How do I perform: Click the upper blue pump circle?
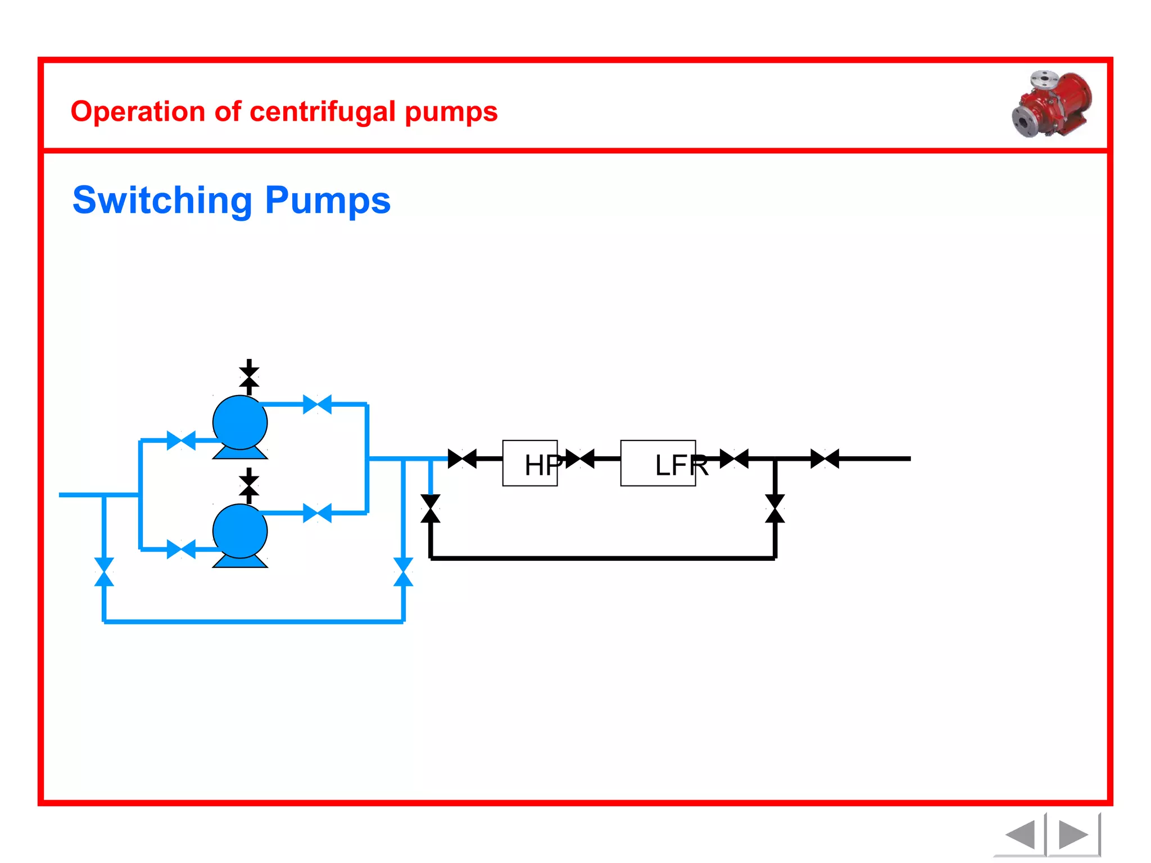(x=240, y=423)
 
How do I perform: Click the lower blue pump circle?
(x=240, y=531)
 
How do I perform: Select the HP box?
(x=529, y=463)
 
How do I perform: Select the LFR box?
(x=658, y=463)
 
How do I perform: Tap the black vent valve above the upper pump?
(x=249, y=377)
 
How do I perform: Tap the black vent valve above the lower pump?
(x=249, y=485)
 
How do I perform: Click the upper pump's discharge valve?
(x=317, y=405)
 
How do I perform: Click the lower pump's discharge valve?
(x=317, y=513)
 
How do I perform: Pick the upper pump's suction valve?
(x=181, y=440)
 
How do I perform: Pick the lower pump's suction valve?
(x=181, y=549)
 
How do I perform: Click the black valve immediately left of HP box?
(x=462, y=458)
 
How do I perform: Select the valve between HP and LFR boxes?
(x=580, y=458)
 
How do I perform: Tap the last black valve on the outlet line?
(x=824, y=458)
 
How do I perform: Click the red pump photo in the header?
(x=1052, y=105)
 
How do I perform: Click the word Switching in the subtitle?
(x=162, y=201)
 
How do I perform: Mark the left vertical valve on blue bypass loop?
(x=104, y=571)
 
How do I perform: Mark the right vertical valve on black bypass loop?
(x=775, y=508)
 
